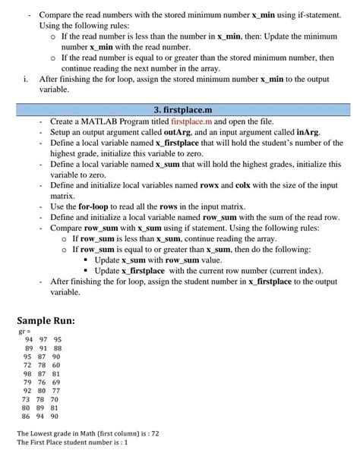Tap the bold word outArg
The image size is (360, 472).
coord(179,132)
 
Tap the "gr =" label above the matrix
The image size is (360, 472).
coord(24,331)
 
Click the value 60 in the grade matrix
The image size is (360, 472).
coord(56,365)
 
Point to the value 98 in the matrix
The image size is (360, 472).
coord(27,374)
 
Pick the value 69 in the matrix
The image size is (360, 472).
coord(56,382)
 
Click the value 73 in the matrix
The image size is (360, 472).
coord(27,399)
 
